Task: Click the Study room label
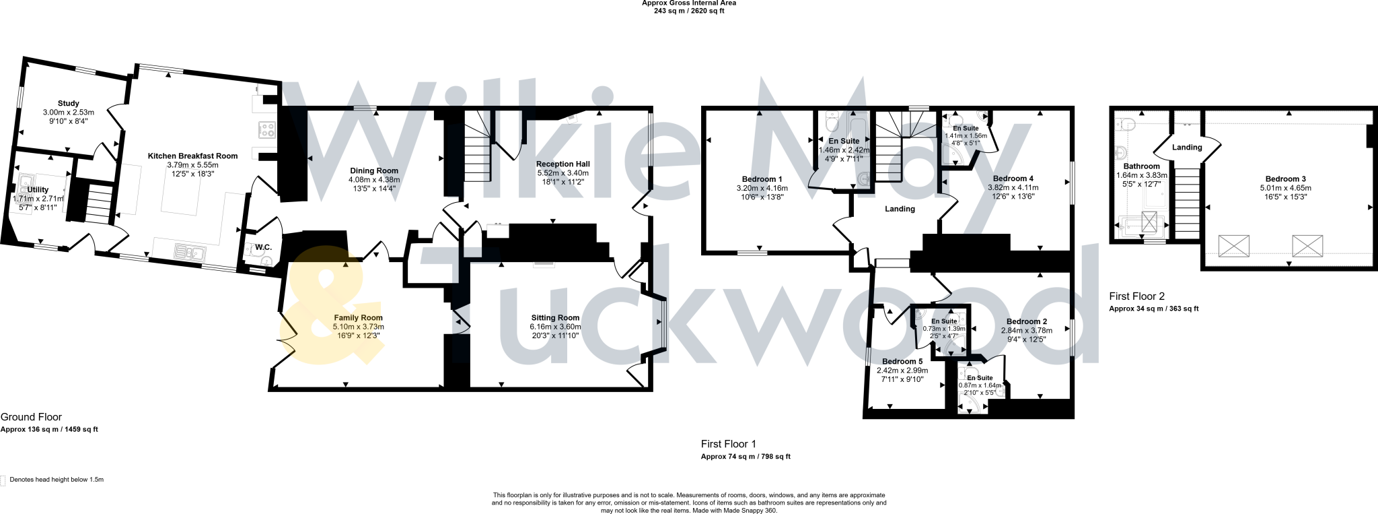[x=68, y=104]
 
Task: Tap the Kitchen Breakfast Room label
[x=192, y=156]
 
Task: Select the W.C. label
[x=262, y=247]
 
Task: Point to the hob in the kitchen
[x=266, y=129]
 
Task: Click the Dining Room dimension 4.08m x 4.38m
[x=374, y=180]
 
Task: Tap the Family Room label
[x=358, y=318]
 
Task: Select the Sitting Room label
[x=554, y=318]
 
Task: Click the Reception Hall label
[x=563, y=164]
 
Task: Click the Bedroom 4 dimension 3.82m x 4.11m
[x=1013, y=187]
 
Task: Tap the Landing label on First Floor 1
[x=900, y=209]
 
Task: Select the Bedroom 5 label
[x=902, y=362]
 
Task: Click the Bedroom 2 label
[x=1027, y=321]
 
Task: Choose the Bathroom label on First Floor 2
[x=1141, y=166]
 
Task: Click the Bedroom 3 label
[x=1286, y=179]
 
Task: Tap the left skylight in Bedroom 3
[x=1234, y=245]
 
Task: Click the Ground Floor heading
[x=31, y=418]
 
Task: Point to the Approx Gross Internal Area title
[x=688, y=3]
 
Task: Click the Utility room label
[x=38, y=190]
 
